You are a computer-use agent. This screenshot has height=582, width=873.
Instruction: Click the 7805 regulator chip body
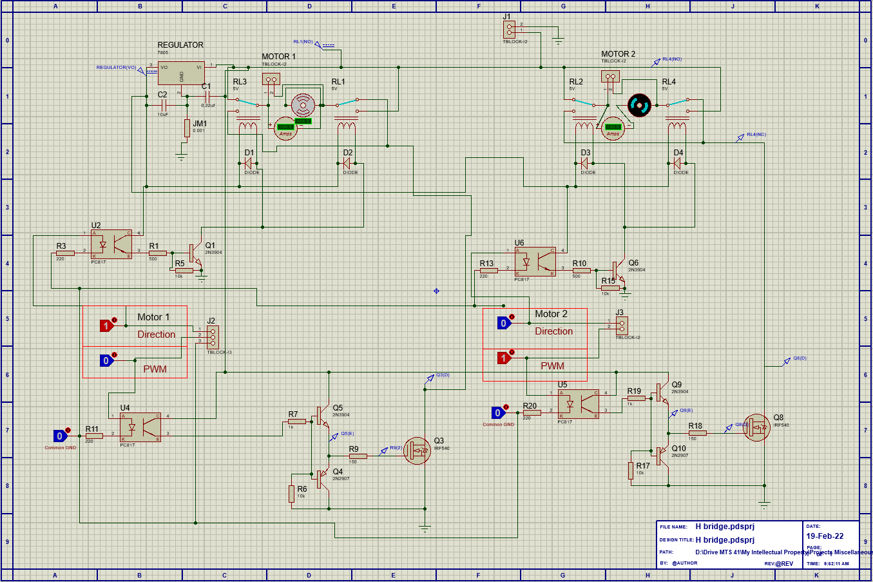point(181,73)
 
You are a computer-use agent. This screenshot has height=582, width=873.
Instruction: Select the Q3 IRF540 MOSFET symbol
point(417,451)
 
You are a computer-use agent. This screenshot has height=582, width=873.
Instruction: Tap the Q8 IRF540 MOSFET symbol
point(757,427)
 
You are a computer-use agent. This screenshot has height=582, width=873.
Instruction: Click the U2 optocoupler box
point(111,243)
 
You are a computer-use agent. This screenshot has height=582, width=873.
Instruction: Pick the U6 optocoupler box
point(535,261)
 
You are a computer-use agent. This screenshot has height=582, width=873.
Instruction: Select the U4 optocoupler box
point(140,427)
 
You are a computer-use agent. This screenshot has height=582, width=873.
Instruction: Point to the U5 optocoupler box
point(578,404)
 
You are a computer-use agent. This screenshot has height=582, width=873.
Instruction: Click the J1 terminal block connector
point(510,29)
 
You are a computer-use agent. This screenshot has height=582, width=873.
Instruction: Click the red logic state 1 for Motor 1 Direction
point(106,326)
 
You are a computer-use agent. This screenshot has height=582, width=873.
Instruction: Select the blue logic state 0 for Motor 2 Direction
point(504,324)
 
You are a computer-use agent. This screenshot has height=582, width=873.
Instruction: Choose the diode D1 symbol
point(249,162)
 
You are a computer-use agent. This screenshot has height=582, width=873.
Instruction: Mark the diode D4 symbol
point(678,163)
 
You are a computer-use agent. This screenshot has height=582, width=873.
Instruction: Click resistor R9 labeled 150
point(358,456)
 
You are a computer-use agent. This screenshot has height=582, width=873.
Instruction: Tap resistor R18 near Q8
point(697,433)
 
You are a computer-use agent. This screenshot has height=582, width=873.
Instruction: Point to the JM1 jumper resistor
point(187,128)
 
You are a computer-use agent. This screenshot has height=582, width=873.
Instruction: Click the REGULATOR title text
point(180,45)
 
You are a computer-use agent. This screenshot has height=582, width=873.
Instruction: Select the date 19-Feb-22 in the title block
point(825,536)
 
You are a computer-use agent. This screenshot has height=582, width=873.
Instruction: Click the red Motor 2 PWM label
point(552,365)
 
